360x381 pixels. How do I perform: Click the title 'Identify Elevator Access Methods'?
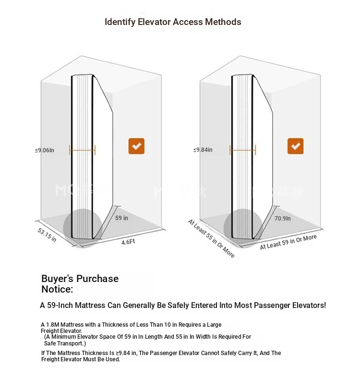click(173, 22)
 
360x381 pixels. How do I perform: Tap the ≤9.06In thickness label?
click(45, 150)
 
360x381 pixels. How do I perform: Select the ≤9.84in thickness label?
click(203, 150)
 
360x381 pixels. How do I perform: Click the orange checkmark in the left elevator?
click(136, 146)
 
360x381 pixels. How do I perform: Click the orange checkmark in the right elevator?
click(295, 146)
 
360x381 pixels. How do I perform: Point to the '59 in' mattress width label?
click(122, 218)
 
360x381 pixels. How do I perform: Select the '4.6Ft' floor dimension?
click(128, 242)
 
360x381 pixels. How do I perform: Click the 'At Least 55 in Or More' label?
click(211, 238)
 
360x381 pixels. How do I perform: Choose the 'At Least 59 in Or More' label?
click(288, 242)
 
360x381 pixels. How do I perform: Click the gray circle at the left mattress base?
click(82, 226)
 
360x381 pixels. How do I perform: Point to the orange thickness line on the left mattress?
click(82, 150)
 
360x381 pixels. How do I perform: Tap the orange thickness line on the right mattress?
click(242, 150)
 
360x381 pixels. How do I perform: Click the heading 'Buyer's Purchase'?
click(80, 279)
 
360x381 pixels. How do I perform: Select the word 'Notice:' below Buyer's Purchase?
click(57, 289)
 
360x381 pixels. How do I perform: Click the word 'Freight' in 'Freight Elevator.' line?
click(51, 331)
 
